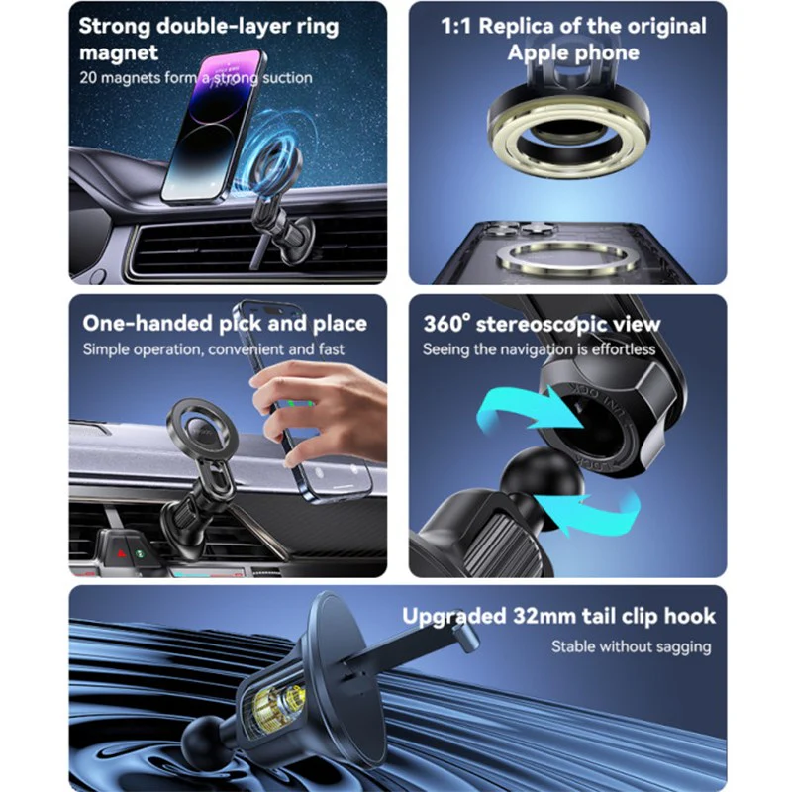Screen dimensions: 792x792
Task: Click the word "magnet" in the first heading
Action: [x=119, y=53]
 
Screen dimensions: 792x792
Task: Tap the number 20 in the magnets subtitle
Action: [x=87, y=78]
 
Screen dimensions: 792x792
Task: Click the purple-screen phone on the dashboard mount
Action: [x=212, y=126]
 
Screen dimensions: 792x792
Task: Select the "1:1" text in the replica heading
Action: [x=456, y=27]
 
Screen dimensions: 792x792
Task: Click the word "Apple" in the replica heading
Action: [x=537, y=53]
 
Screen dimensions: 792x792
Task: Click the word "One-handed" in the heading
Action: [x=148, y=324]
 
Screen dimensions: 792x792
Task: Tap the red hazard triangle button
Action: [x=121, y=553]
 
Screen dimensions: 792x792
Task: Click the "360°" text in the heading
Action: [x=446, y=324]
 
